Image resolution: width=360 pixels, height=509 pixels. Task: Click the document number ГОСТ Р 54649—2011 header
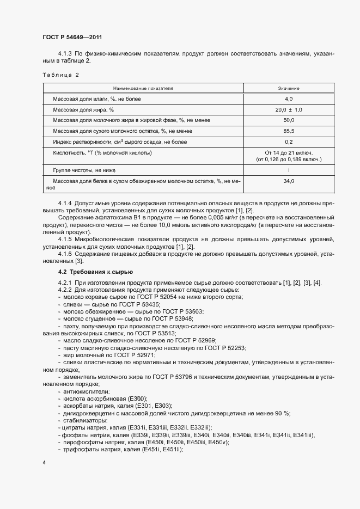(72, 37)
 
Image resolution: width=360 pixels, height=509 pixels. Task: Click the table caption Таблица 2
(61, 75)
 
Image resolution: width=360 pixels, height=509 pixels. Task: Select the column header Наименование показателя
(143, 88)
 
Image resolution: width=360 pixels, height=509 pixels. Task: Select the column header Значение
(289, 88)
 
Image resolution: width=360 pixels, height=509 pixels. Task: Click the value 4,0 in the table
(289, 99)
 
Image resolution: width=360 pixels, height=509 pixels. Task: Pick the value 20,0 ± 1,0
(289, 109)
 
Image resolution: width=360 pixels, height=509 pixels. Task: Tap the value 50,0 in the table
(289, 120)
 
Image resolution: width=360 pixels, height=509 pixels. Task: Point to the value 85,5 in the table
(289, 131)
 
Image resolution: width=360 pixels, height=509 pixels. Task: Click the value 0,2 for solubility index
(289, 142)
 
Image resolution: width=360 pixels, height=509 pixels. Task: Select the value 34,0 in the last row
(289, 181)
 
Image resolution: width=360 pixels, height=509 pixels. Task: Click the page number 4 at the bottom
(44, 462)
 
